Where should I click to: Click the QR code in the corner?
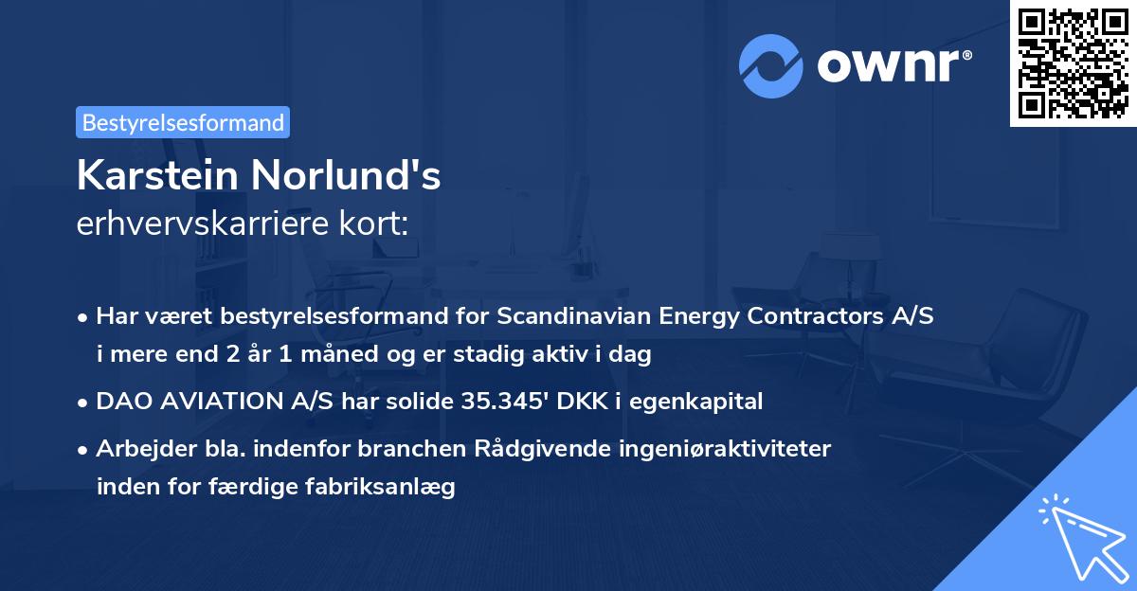[1074, 63]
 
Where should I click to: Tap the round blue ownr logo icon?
[771, 65]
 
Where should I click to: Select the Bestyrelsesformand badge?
[183, 122]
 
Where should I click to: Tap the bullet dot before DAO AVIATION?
[84, 403]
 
